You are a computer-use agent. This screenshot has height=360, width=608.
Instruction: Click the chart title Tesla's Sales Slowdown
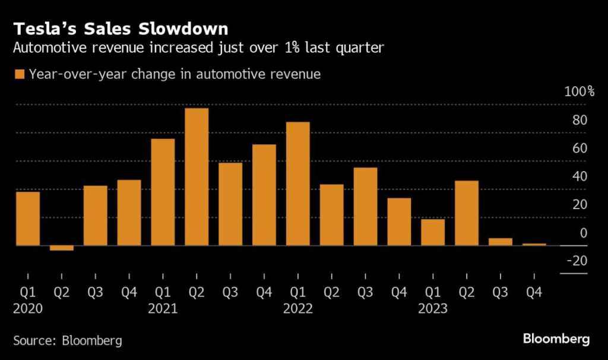pyautogui.click(x=121, y=28)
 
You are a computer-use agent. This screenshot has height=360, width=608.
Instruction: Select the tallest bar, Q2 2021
pyautogui.click(x=197, y=176)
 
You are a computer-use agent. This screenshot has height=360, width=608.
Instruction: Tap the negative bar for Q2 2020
pyautogui.click(x=62, y=248)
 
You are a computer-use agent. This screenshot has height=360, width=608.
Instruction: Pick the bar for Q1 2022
pyautogui.click(x=298, y=184)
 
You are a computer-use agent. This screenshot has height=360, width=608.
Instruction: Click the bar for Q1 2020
pyautogui.click(x=28, y=218)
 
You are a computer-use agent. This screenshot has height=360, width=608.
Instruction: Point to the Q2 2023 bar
pyautogui.click(x=467, y=213)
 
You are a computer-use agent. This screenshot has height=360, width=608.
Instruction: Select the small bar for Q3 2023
pyautogui.click(x=501, y=242)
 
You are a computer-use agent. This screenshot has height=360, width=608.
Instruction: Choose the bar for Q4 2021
pyautogui.click(x=264, y=194)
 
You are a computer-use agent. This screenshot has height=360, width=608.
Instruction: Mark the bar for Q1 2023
pyautogui.click(x=433, y=232)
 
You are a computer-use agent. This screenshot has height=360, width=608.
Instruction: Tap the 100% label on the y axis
pyautogui.click(x=574, y=91)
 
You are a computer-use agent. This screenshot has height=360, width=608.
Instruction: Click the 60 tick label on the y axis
pyautogui.click(x=579, y=148)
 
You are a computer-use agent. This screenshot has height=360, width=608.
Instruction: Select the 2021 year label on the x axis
pyautogui.click(x=163, y=309)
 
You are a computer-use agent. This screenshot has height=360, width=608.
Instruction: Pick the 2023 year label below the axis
pyautogui.click(x=433, y=309)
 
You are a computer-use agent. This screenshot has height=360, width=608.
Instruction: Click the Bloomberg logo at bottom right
pyautogui.click(x=556, y=339)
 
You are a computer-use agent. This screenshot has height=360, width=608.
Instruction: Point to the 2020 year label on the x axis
pyautogui.click(x=28, y=309)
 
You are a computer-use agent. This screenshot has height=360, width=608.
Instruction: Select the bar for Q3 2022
pyautogui.click(x=365, y=206)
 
